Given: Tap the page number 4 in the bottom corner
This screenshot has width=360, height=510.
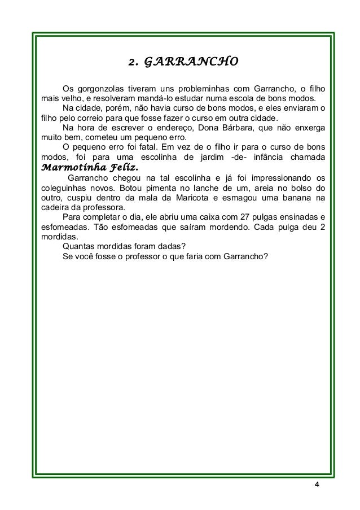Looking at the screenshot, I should pyautogui.click(x=317, y=486).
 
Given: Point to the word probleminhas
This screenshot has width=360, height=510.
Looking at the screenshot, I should pyautogui.click(x=203, y=89).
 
